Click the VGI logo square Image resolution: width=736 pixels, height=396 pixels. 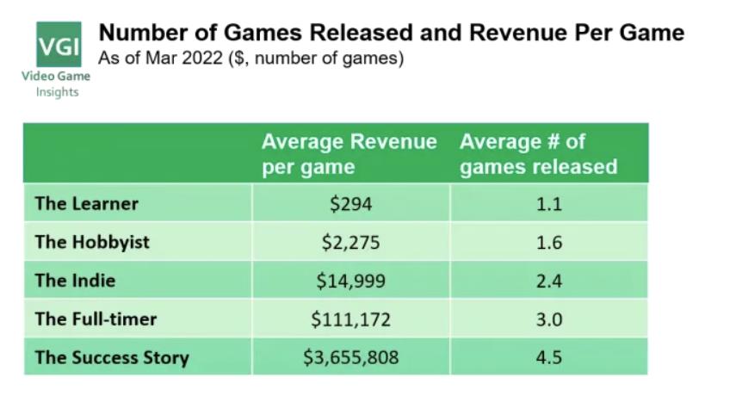[59, 45]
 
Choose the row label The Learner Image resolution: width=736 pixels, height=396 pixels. [86, 204]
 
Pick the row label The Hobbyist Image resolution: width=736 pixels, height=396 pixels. [92, 242]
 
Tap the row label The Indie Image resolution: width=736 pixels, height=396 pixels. [75, 281]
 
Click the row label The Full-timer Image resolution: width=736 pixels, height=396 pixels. [96, 319]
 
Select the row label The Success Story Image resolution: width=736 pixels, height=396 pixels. [111, 357]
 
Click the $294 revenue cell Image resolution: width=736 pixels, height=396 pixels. [350, 204]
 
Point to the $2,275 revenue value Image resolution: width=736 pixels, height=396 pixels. [350, 243]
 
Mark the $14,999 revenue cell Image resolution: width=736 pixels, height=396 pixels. [350, 281]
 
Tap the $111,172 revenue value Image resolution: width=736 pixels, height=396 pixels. [350, 319]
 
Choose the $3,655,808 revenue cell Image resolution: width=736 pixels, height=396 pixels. [350, 357]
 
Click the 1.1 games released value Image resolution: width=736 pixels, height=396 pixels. [548, 204]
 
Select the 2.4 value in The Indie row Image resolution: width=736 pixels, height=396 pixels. [548, 281]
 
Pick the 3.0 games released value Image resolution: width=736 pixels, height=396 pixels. [548, 319]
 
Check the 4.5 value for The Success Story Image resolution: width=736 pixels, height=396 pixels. [548, 357]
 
